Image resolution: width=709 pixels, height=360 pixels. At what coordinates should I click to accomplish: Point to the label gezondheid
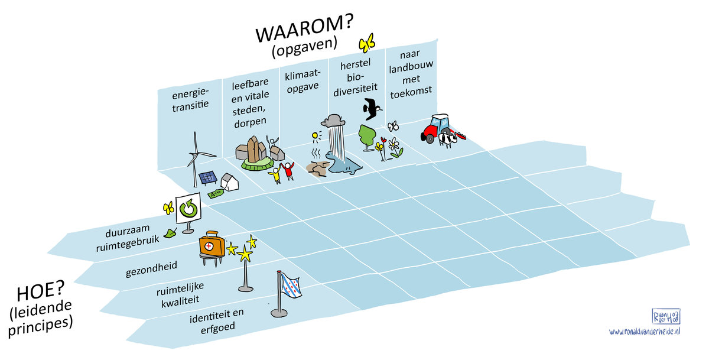tap(147, 271)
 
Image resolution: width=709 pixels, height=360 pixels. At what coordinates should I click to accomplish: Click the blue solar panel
tap(207, 178)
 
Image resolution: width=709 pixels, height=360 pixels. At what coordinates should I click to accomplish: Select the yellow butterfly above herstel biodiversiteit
tap(367, 43)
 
